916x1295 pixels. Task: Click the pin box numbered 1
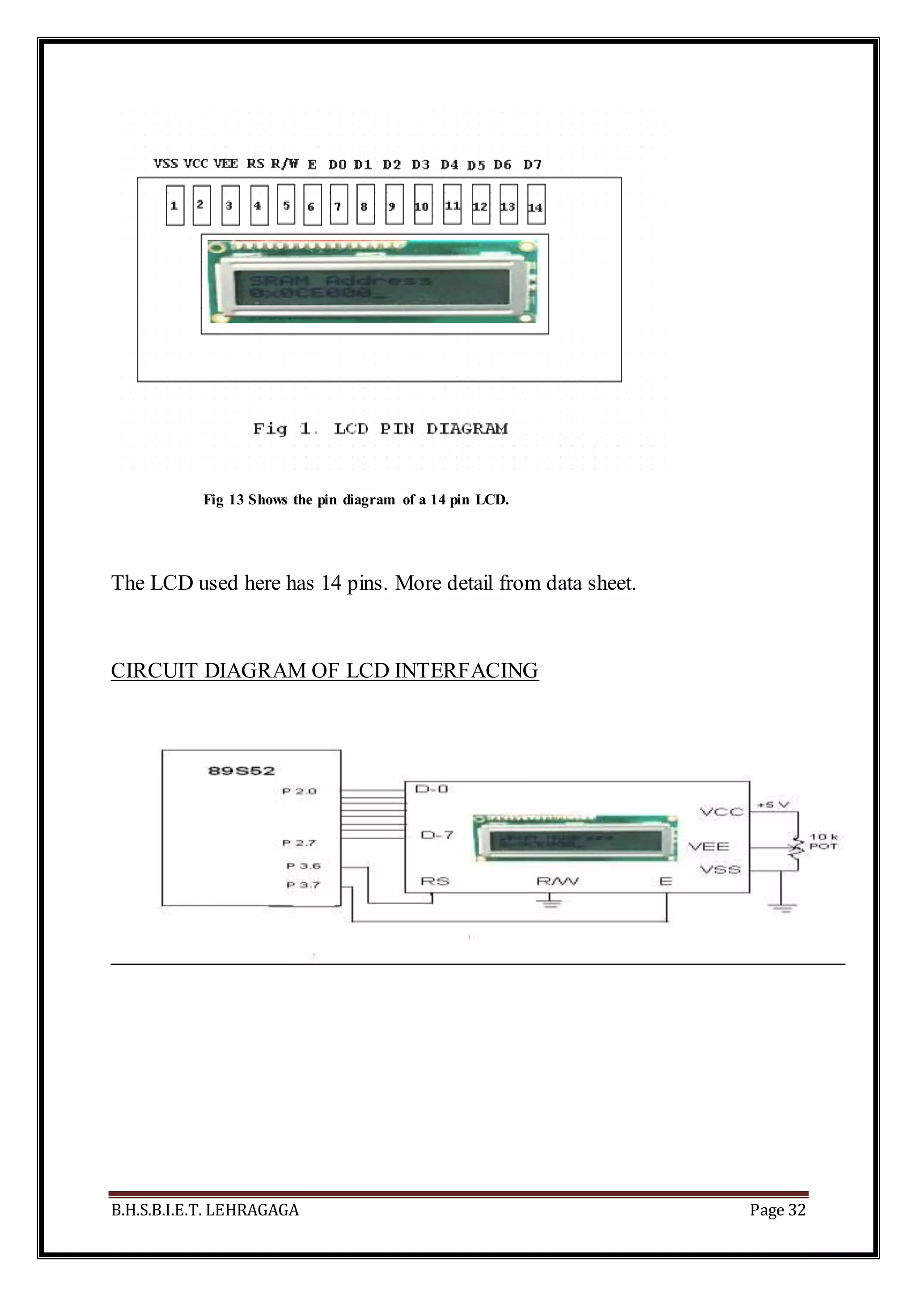(175, 205)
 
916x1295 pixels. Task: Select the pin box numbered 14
(536, 205)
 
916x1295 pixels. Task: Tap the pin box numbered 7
(339, 205)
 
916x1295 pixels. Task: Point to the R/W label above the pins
(284, 164)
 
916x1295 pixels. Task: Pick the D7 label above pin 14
(532, 165)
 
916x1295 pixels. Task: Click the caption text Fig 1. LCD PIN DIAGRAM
(380, 429)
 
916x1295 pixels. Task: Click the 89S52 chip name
(242, 770)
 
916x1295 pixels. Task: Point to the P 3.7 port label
(303, 884)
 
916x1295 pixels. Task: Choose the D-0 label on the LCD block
(432, 788)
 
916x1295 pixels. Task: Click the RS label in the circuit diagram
(435, 881)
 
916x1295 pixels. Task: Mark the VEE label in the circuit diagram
(709, 846)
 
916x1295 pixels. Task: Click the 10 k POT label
(823, 842)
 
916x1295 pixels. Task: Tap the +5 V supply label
(773, 804)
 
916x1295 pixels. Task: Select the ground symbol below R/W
(551, 904)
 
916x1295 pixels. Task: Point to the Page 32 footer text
(777, 1210)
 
